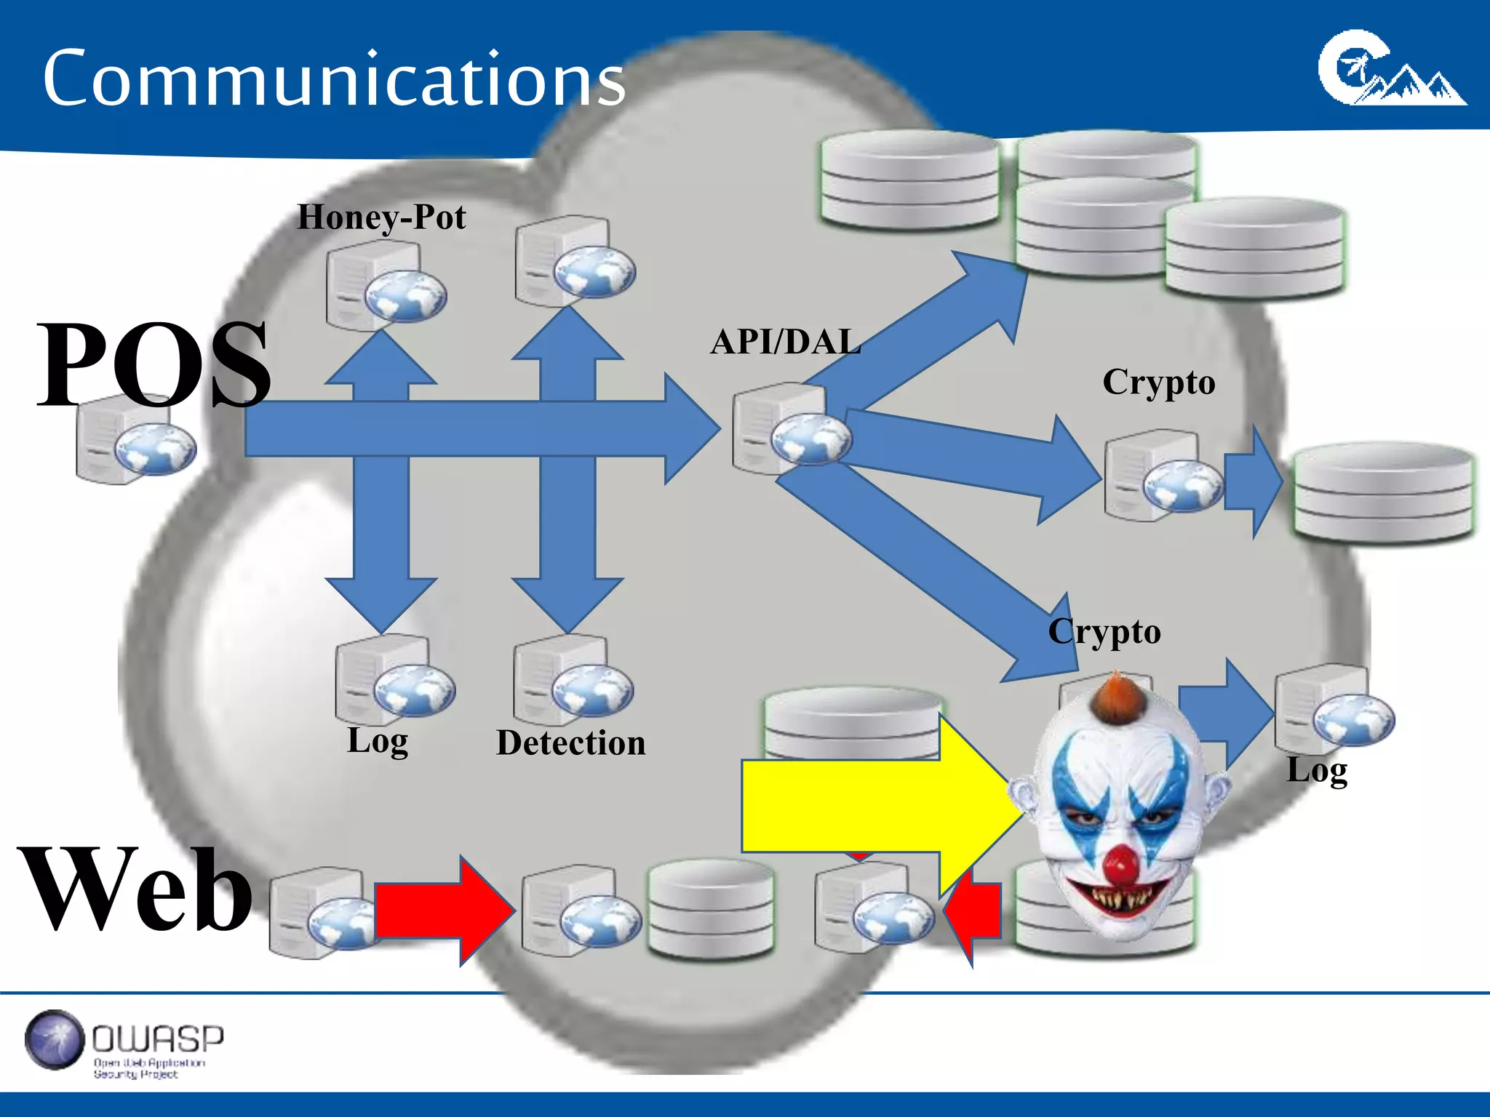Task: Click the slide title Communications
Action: (334, 79)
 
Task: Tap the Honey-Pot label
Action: (381, 217)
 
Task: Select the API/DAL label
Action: (786, 342)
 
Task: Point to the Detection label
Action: (571, 743)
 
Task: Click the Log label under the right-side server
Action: (1317, 771)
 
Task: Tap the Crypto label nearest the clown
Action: (1104, 631)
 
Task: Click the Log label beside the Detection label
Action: (378, 741)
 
